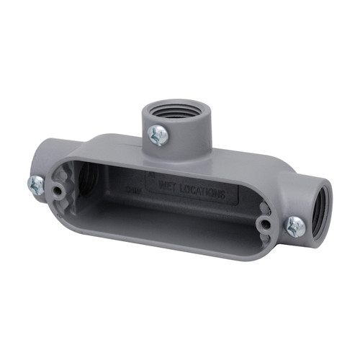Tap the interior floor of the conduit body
tap(166, 216)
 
